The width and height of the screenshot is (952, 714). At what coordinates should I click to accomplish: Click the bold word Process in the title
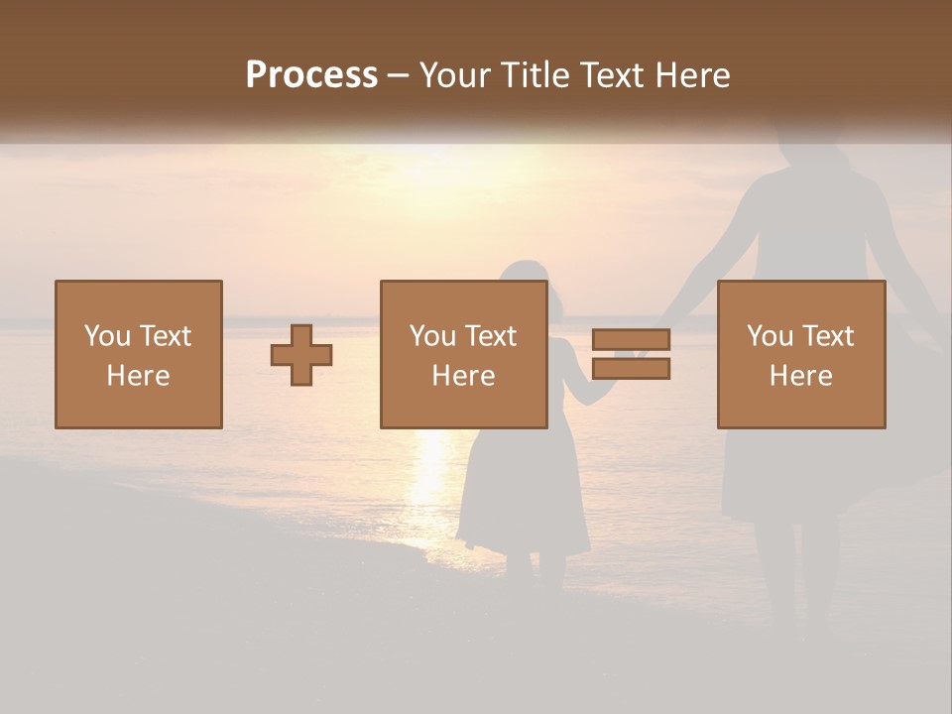click(311, 75)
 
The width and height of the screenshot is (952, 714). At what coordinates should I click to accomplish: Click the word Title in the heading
click(535, 75)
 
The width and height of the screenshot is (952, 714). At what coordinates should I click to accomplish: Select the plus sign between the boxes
click(301, 355)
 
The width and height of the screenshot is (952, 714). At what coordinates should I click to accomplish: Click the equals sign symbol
click(631, 354)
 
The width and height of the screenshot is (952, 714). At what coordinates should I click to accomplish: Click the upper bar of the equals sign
click(631, 340)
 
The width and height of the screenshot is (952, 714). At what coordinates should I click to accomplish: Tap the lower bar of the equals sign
click(631, 368)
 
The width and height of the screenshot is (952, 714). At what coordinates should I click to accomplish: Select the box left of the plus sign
click(138, 354)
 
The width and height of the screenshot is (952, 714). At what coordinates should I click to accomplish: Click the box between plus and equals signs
click(463, 354)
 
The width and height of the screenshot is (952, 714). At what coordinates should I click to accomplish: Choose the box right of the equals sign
click(800, 354)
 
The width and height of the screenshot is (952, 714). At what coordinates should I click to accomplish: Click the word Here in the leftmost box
click(138, 376)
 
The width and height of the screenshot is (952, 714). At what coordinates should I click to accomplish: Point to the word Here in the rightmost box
click(800, 376)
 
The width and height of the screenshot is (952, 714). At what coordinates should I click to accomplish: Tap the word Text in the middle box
click(491, 336)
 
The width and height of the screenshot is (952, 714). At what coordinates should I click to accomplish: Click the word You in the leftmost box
click(107, 336)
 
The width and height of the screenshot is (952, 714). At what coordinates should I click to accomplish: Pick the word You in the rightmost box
click(770, 336)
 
